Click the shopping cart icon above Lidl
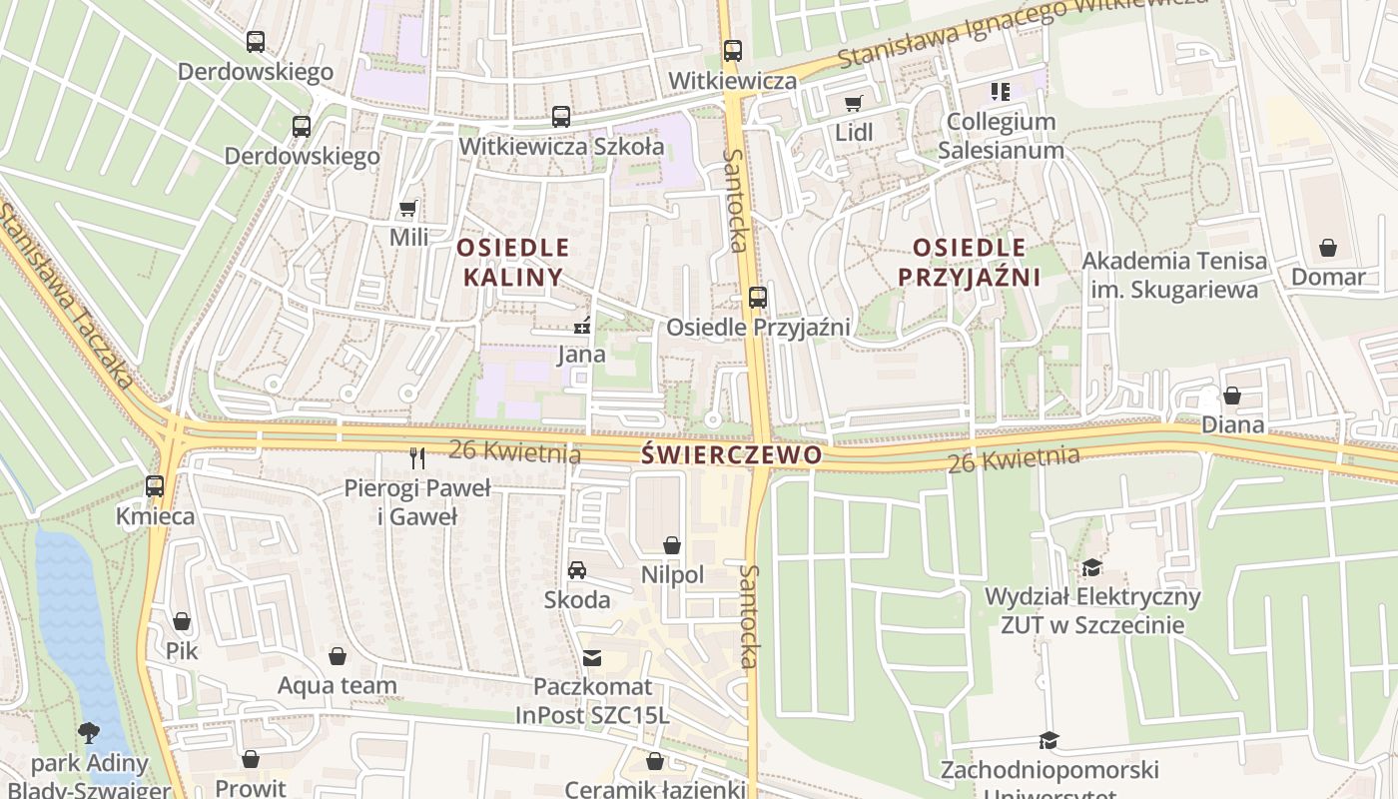853,103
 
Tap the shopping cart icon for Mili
407,209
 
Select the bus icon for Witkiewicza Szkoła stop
561,117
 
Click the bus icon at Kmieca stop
155,486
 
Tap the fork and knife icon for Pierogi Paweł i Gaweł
417,458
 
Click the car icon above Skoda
577,570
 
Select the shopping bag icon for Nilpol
672,545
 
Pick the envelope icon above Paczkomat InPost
592,657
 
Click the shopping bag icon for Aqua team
338,656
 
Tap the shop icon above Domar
1328,247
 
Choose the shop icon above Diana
1232,396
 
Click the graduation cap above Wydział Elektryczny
1092,567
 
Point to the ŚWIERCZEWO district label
732,455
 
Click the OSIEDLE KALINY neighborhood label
514,262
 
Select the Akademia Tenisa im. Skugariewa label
1175,275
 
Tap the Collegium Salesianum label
1002,136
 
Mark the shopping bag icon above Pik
182,621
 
